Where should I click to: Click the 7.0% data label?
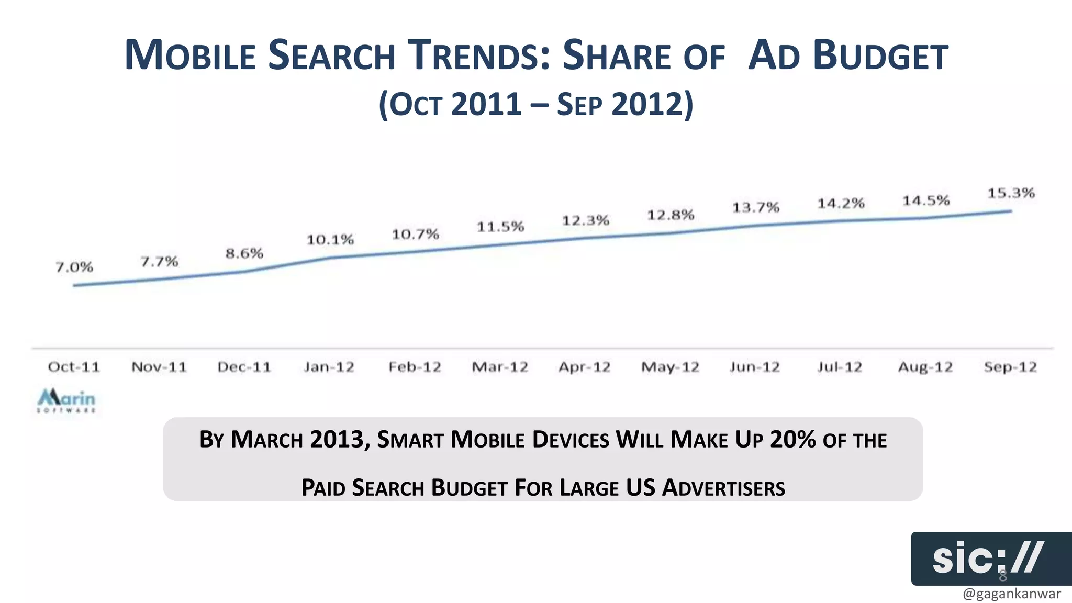(x=74, y=267)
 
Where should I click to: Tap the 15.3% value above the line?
(x=1011, y=193)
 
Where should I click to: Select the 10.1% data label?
(x=330, y=240)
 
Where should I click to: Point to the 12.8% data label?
(x=671, y=215)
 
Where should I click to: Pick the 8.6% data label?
(x=244, y=254)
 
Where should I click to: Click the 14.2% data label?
(x=841, y=203)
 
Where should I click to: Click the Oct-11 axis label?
(x=74, y=367)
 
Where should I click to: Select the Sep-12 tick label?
(x=1010, y=367)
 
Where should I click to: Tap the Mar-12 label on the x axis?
(x=500, y=367)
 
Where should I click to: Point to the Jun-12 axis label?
(x=755, y=367)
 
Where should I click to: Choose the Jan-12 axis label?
(x=329, y=367)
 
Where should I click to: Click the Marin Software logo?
(x=66, y=400)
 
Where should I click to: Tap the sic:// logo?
(x=988, y=558)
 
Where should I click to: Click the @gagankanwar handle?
(x=1011, y=594)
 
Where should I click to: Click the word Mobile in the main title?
(x=190, y=55)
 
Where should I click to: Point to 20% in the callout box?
(x=792, y=439)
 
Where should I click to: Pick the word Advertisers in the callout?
(x=723, y=488)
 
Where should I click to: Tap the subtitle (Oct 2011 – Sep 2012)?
(x=536, y=104)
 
